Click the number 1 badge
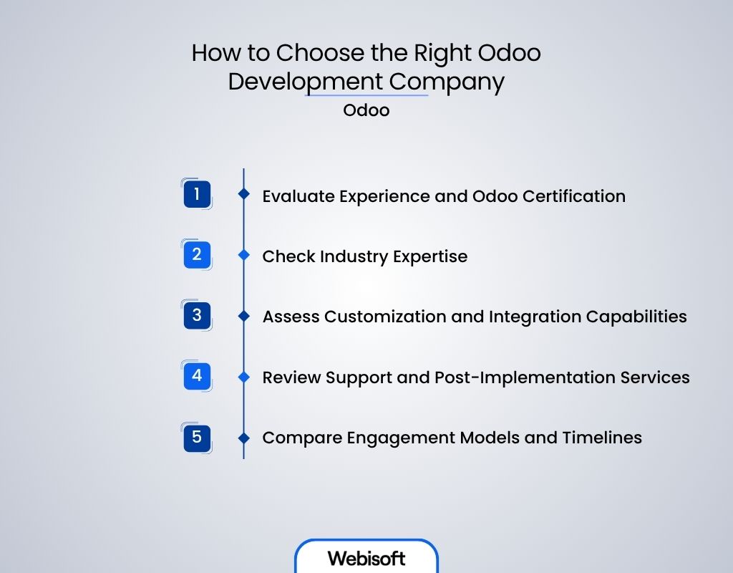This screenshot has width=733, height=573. pos(196,194)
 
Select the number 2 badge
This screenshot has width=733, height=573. pos(196,255)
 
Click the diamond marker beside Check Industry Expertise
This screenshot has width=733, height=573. pos(243,255)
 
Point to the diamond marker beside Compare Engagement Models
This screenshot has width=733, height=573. pos(243,437)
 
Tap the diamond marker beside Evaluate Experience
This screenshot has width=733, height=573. pos(243,194)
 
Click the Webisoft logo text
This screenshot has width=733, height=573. pos(366,558)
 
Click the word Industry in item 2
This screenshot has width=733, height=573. pos(351,256)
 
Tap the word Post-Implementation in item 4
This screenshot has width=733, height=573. pos(526,377)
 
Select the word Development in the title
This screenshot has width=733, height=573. pos(306,82)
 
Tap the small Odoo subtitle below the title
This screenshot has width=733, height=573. pos(366,111)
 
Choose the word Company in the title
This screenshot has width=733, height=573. pos(447,82)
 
